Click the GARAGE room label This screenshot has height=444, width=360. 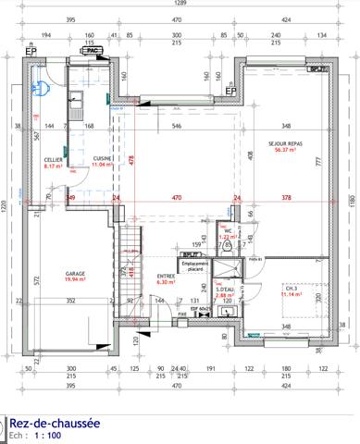[76, 274]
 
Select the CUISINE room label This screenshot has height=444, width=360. [103, 159]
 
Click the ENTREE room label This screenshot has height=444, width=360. [167, 276]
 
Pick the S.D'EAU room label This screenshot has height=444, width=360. [225, 290]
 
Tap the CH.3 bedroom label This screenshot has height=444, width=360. [291, 289]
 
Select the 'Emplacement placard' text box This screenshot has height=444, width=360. [195, 266]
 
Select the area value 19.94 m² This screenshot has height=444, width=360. [76, 280]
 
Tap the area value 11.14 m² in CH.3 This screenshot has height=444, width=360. [291, 295]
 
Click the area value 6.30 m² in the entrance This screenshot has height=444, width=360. [167, 282]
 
